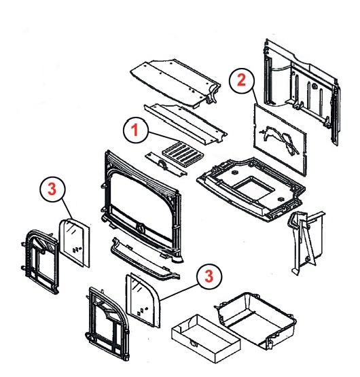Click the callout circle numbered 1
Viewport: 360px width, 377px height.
pos(136,130)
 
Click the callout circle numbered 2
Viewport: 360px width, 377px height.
pos(241,81)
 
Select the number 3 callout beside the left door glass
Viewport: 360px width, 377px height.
pos(52,190)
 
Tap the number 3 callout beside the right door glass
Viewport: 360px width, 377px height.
pos(209,276)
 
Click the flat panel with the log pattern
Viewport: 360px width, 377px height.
pos(280,139)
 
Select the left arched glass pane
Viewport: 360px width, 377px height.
pos(75,243)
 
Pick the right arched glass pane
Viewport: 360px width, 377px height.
pos(143,300)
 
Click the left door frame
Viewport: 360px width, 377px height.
pos(41,262)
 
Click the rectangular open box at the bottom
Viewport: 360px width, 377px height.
pos(206,340)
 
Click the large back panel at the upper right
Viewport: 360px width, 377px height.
pos(302,92)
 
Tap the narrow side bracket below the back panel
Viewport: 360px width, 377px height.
pos(306,242)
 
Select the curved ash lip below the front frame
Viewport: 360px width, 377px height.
pos(145,259)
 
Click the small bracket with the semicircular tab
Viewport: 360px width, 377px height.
pos(166,164)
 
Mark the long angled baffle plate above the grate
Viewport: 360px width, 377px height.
pos(185,124)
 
